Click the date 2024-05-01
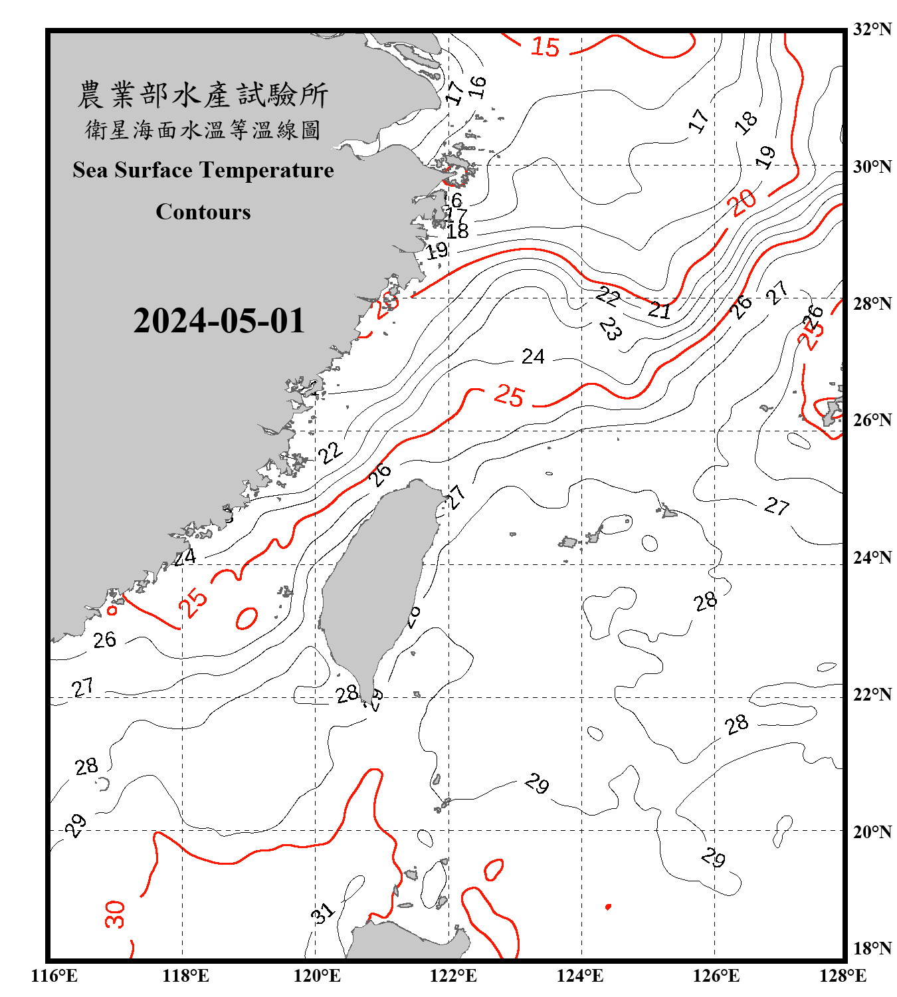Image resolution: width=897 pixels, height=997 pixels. coord(219,321)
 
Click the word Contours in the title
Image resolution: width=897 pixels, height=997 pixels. coord(203,212)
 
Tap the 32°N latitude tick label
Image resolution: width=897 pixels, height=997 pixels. coord(872,29)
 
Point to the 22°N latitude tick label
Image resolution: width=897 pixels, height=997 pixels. coord(872,695)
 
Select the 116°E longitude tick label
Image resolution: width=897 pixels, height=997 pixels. coord(54,976)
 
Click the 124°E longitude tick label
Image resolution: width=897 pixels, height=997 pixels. coord(580,976)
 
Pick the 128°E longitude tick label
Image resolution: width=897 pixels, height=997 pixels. coord(843,976)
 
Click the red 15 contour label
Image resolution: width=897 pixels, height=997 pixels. coord(545,47)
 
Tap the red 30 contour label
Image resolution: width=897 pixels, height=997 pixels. coord(115,914)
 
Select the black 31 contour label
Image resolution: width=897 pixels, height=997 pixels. coord(323,913)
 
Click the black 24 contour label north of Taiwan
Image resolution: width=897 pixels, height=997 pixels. coord(533,357)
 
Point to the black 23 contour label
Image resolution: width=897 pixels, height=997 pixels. coord(610,328)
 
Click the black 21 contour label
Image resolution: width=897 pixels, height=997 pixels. coord(659,310)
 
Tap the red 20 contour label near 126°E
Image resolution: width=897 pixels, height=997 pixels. coord(744,202)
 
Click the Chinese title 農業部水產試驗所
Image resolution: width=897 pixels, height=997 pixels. coord(203,95)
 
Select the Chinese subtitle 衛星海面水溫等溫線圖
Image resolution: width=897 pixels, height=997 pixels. coord(203,130)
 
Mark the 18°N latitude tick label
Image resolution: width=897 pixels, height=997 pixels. coord(872,948)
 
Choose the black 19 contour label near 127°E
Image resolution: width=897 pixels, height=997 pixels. coord(766,157)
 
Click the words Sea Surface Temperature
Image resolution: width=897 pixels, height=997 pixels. coord(203,170)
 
